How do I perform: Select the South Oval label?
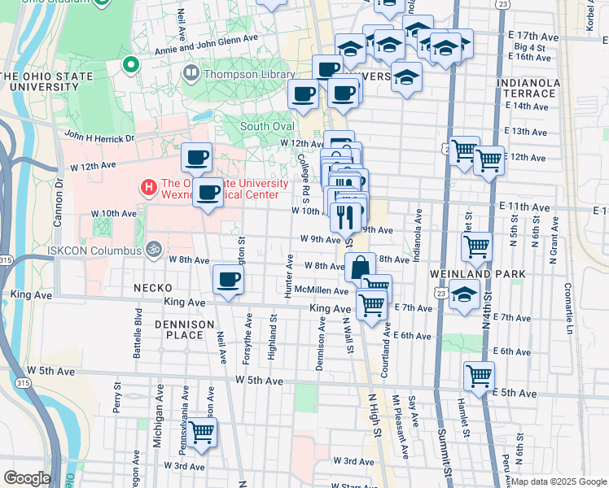click(x=266, y=126)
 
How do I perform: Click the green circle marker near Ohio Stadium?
click(x=129, y=63)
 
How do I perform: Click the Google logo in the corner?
click(x=27, y=477)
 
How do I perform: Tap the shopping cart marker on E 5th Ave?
click(x=479, y=376)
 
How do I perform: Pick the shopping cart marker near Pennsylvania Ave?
click(x=201, y=432)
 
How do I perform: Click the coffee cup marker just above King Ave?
click(x=228, y=280)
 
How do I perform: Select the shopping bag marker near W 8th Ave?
click(x=359, y=266)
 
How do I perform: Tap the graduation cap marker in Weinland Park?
click(x=464, y=295)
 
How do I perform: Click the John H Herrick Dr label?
click(x=99, y=137)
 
